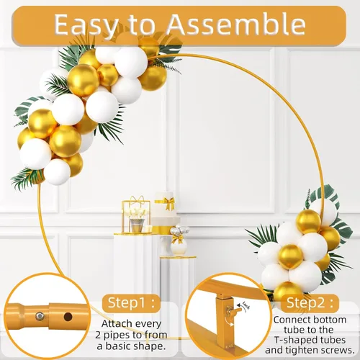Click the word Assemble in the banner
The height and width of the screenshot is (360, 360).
click(236, 24)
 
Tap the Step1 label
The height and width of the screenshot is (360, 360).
click(131, 303)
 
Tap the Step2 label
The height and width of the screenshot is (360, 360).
click(310, 303)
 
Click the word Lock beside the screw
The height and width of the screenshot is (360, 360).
click(246, 305)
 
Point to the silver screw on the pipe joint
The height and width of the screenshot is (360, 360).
click(40, 316)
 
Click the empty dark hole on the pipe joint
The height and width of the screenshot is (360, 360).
click(68, 317)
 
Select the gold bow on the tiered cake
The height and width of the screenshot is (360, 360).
click(168, 203)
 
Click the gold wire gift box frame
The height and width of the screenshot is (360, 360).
click(136, 215)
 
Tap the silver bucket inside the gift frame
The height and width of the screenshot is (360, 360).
click(137, 225)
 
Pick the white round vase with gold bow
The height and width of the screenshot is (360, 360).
click(179, 247)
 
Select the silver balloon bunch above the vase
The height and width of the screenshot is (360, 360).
click(179, 230)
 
